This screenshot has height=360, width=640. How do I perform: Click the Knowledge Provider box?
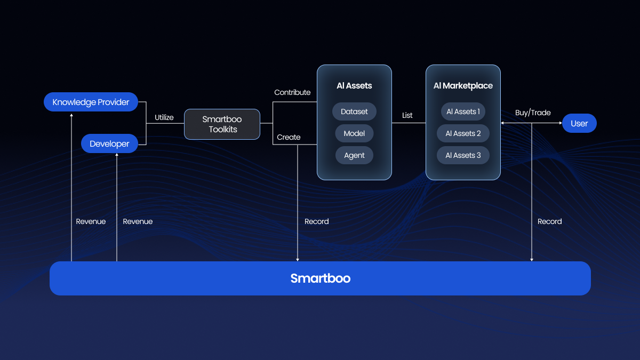pos(91,102)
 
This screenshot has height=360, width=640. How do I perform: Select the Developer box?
pos(109,143)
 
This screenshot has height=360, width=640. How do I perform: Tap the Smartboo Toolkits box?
pos(222,124)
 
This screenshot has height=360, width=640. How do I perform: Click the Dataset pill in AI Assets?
pos(354,112)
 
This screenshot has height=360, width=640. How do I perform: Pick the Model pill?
pos(354,133)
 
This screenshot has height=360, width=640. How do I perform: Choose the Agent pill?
pos(354,155)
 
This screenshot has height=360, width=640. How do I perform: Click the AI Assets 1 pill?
pos(463,112)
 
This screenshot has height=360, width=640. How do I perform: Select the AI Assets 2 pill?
pos(463,133)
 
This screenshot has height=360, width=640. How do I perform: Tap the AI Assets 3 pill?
pos(463,155)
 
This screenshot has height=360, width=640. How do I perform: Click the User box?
pos(579,123)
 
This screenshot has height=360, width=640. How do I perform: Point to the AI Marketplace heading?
pos(463,86)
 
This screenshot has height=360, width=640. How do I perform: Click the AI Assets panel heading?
pos(354,86)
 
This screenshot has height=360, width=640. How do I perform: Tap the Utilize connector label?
pos(164,117)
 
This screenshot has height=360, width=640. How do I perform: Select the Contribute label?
pos(292,92)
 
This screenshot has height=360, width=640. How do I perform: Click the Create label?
pos(289,137)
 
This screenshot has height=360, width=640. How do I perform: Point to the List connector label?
pos(407,115)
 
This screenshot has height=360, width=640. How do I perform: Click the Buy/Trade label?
pos(533,113)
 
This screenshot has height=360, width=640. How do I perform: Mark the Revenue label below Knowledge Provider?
pos(91,221)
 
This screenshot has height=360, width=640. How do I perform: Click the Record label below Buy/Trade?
pos(549,221)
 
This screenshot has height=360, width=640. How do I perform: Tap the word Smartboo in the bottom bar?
pos(320,278)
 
